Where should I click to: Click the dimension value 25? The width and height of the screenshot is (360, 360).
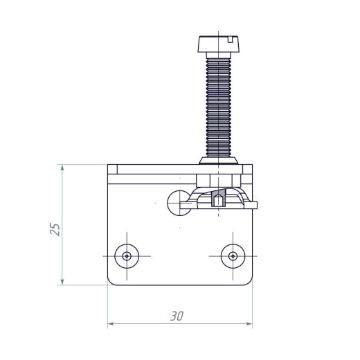(x=55, y=229)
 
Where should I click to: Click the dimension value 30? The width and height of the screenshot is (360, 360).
(x=177, y=316)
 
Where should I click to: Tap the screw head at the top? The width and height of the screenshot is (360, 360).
(x=219, y=44)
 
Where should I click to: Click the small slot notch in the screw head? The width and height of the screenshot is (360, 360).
(x=230, y=39)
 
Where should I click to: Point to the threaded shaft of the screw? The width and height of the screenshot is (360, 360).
(x=219, y=107)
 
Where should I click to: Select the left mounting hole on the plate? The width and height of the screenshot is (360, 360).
(x=127, y=256)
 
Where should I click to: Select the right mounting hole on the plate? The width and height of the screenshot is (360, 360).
(x=233, y=256)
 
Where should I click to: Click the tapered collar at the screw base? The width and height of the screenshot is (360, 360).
(x=219, y=161)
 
